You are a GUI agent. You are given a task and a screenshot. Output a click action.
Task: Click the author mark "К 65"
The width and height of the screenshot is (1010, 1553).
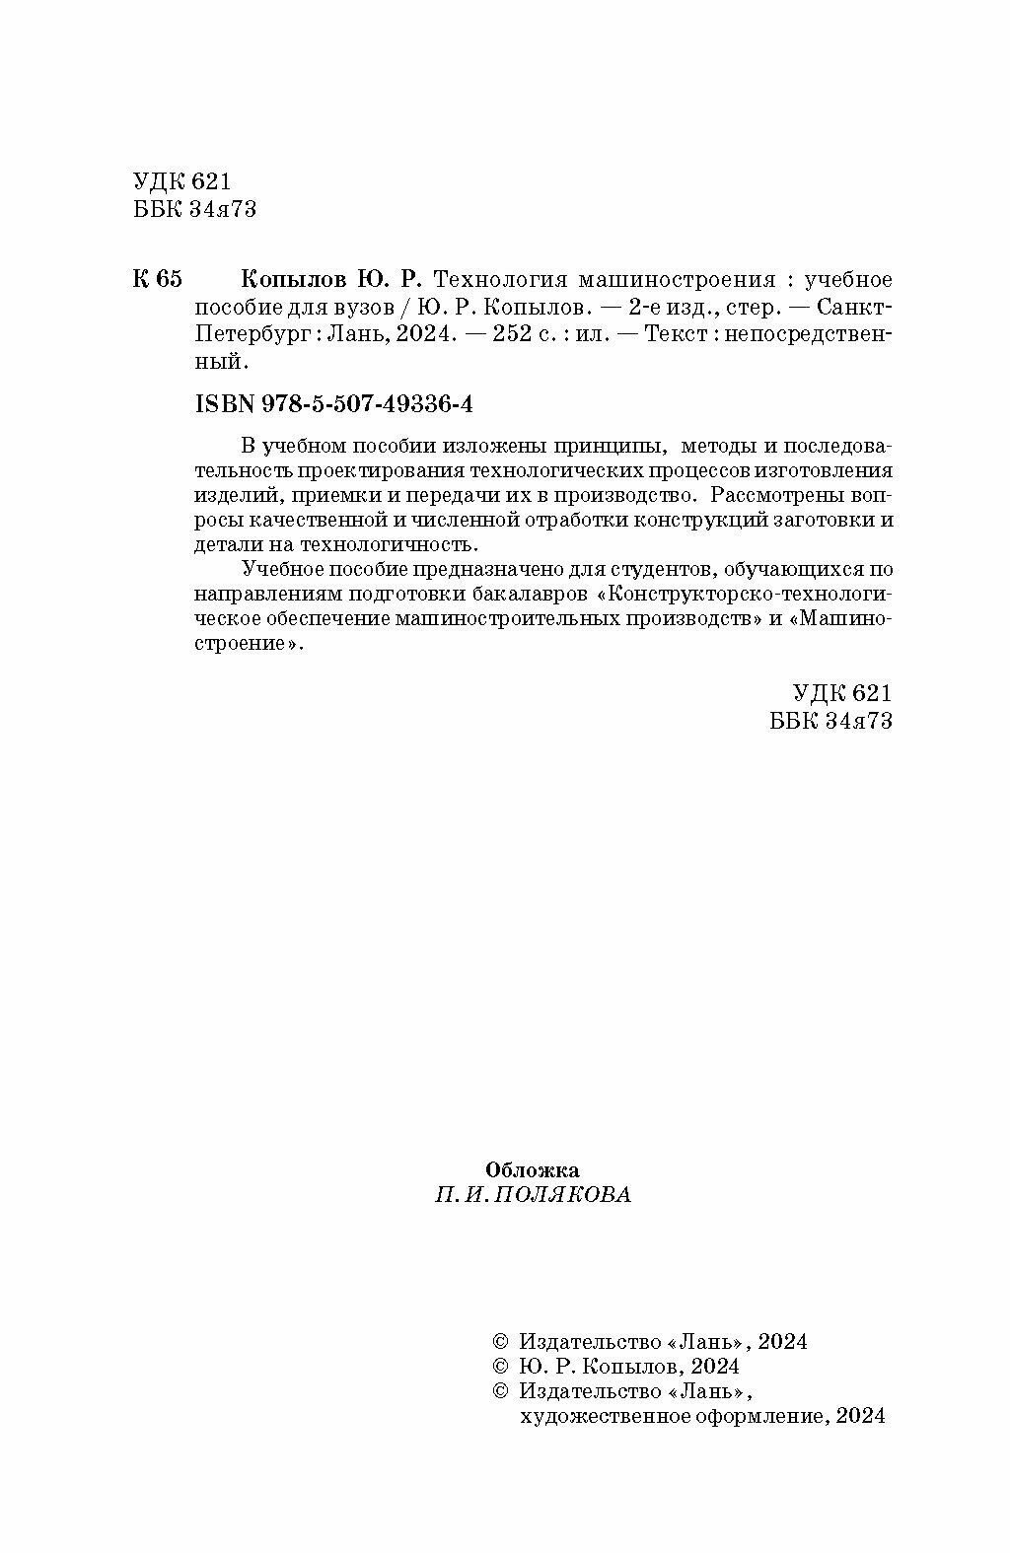click(x=157, y=279)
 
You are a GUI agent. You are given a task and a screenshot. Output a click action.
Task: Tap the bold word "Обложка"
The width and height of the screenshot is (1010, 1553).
click(x=532, y=1169)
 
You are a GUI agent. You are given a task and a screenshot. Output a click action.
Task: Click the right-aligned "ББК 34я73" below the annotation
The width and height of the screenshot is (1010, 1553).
click(x=830, y=721)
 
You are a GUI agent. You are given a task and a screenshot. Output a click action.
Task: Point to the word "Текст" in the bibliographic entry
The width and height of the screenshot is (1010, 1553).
click(x=675, y=334)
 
